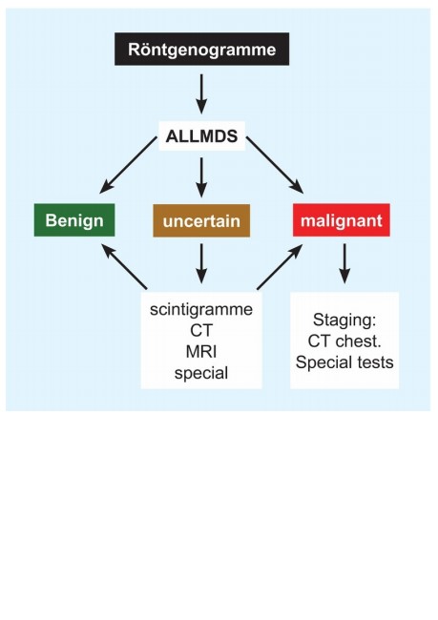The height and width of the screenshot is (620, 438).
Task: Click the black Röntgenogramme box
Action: tap(201, 49)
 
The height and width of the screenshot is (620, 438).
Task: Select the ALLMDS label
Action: tap(201, 136)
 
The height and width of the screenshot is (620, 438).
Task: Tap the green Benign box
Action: tap(74, 220)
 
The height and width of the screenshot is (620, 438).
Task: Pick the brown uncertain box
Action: tap(201, 220)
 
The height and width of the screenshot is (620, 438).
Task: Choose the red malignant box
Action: tap(342, 220)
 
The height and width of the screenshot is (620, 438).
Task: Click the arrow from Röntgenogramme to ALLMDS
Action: tap(201, 94)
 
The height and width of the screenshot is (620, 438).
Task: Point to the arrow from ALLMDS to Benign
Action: tap(128, 165)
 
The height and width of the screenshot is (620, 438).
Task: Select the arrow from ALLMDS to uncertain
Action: tap(201, 177)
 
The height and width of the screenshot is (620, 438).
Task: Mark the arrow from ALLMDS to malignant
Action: tap(275, 165)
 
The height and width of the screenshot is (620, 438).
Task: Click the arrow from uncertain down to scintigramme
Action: tap(201, 263)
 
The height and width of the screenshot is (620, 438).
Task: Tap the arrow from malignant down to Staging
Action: tap(344, 263)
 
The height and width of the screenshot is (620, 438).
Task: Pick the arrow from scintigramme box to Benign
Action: tap(124, 266)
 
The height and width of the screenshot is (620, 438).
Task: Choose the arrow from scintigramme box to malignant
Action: tap(280, 266)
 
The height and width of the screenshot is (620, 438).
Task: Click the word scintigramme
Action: tap(201, 309)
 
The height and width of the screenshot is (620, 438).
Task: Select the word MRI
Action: tap(201, 352)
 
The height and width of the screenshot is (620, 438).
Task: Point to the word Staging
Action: tap(344, 320)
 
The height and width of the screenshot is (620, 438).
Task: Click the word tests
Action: tap(374, 362)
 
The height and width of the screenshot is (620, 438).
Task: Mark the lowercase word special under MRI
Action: tap(201, 374)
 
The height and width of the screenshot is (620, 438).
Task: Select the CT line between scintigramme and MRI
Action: tap(201, 331)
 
